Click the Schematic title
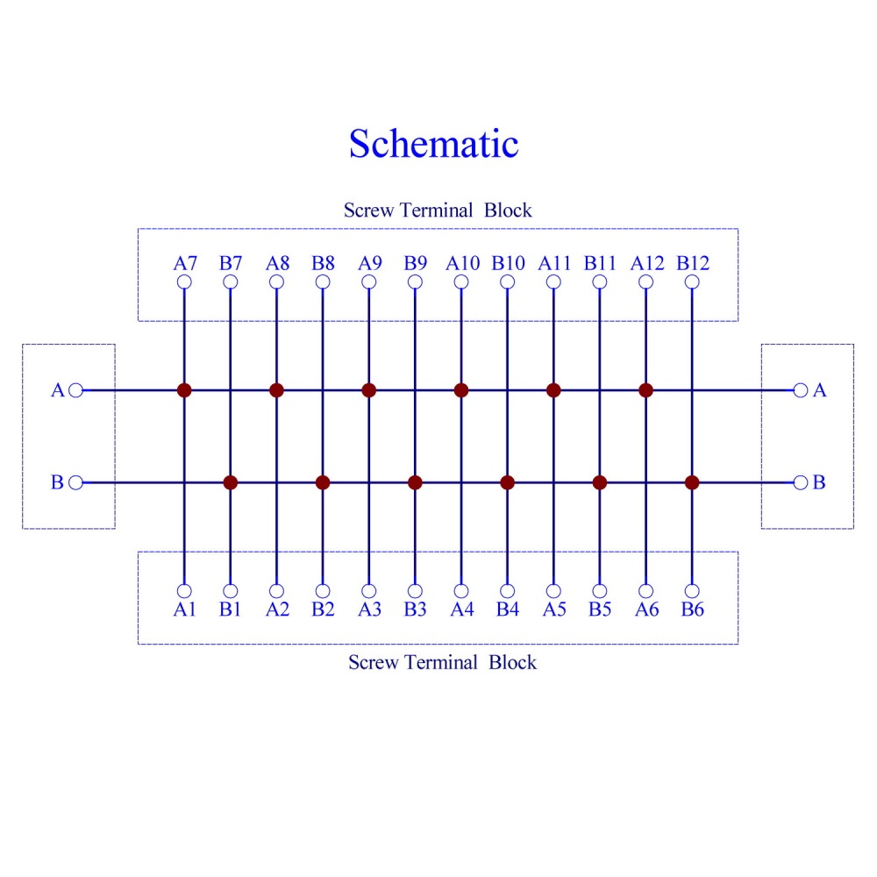(433, 144)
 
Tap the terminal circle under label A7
(184, 282)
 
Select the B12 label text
(693, 263)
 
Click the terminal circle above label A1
(184, 590)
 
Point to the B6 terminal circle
(692, 590)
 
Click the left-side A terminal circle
(75, 390)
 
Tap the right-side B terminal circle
(801, 482)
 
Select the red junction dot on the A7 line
(184, 390)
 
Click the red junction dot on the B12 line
(692, 482)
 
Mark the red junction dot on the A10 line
(461, 390)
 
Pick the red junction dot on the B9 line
(415, 482)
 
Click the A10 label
(462, 263)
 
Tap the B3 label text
(415, 610)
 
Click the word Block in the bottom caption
(512, 662)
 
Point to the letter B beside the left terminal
(57, 482)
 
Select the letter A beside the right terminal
(819, 390)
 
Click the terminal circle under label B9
(415, 282)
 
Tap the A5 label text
(554, 610)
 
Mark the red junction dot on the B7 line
(231, 482)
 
